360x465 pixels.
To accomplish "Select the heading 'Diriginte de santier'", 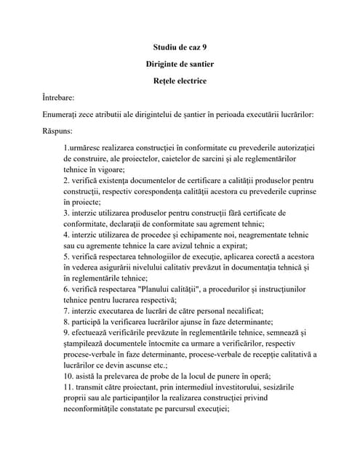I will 180,64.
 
